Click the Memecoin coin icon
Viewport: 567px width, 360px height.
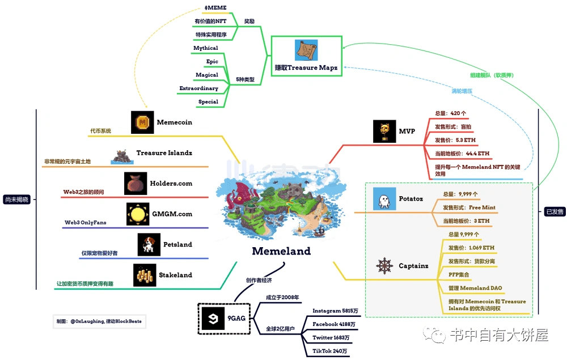[x=142, y=122]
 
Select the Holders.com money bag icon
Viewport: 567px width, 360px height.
[x=136, y=184]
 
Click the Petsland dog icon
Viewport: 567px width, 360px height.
[x=149, y=244]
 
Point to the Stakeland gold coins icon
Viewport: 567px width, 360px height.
[x=145, y=275]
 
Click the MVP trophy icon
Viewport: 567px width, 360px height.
[x=384, y=131]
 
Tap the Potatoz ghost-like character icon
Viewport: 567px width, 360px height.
[x=384, y=198]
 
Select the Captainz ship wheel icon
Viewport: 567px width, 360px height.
[x=386, y=265]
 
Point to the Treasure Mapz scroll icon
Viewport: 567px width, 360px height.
[x=306, y=50]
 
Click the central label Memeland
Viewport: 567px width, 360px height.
[x=281, y=251]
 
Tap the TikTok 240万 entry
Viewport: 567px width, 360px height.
[x=331, y=351]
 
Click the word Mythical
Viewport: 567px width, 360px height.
[x=205, y=48]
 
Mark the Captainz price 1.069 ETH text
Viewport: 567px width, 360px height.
[x=471, y=248]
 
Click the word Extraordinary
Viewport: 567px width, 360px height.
[x=198, y=88]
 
